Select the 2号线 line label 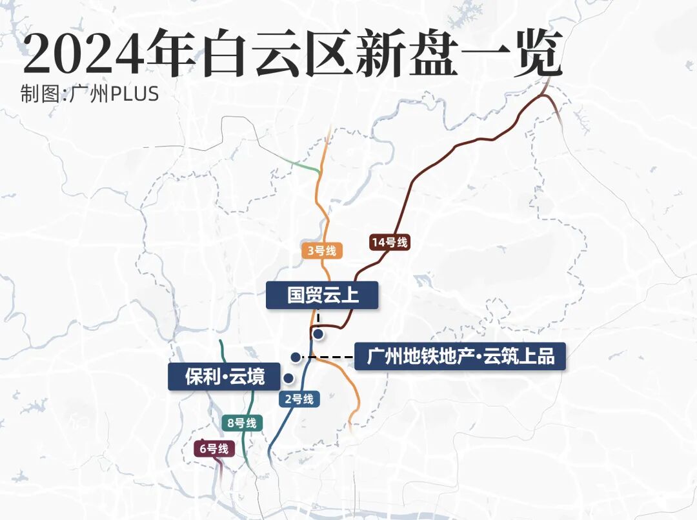[299, 399]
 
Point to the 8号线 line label [242, 423]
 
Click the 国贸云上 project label [322, 295]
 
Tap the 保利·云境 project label [225, 377]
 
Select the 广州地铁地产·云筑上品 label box [460, 356]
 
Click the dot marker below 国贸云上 [318, 334]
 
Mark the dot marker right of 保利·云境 [288, 378]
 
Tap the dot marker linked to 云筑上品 [295, 357]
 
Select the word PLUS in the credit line [135, 94]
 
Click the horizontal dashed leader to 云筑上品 [329, 357]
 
